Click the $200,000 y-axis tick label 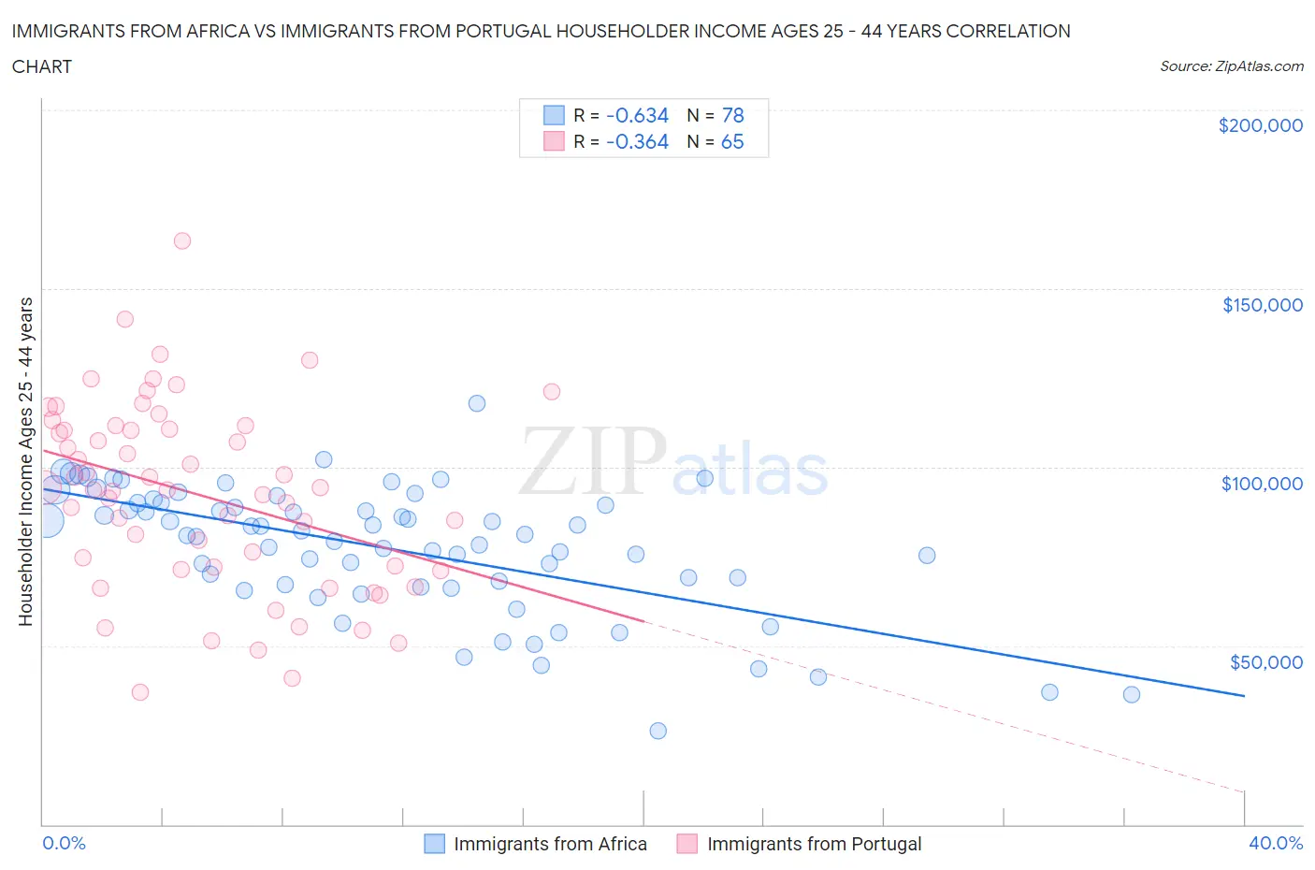pos(1260,125)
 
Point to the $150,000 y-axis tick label pos(1262,305)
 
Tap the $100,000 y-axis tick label pos(1262,484)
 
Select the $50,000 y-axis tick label pos(1265,662)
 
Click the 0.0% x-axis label pos(64,843)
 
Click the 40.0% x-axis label pos(1276,843)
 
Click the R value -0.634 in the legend pos(637,115)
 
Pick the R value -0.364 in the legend pos(637,141)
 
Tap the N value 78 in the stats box pos(732,115)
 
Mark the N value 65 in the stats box pos(732,141)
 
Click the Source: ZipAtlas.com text pos(1231,66)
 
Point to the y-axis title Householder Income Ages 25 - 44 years pos(26,461)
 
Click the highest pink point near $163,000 pos(182,241)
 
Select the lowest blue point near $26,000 pos(658,731)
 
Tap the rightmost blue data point pos(1132,694)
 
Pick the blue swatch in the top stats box pos(555,115)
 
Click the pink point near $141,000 pos(124,319)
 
